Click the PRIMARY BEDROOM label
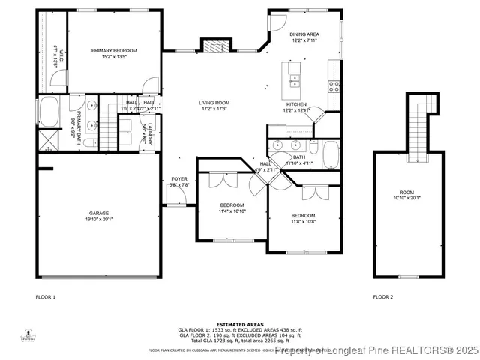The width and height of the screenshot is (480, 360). click(115, 51)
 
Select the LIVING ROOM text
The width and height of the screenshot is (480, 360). click(214, 103)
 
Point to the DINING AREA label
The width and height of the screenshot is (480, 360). click(304, 34)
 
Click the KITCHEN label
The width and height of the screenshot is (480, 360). click(296, 104)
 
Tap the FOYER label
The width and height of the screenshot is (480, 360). click(179, 179)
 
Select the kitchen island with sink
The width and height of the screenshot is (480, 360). click(292, 75)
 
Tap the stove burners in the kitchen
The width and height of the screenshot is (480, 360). click(334, 85)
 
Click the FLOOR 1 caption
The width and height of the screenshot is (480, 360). click(46, 297)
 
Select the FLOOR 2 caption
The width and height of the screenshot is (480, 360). click(382, 297)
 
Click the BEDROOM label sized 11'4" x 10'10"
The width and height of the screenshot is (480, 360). click(232, 205)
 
